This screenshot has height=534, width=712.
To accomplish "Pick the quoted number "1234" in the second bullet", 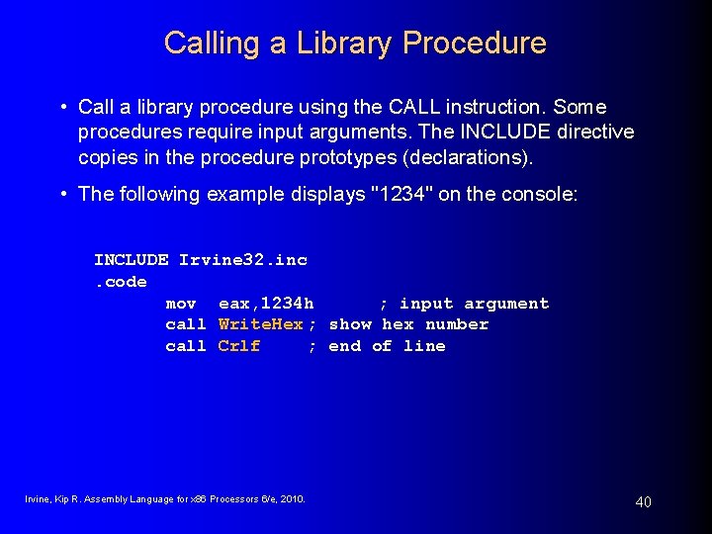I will (x=396, y=194).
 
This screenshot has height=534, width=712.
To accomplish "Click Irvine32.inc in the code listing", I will (x=243, y=260).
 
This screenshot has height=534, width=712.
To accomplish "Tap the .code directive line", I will (x=121, y=282).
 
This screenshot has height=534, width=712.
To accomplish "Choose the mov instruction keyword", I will (x=180, y=304).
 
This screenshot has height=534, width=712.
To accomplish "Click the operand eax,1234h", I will (x=266, y=304).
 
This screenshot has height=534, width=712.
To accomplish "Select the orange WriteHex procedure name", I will (x=261, y=324).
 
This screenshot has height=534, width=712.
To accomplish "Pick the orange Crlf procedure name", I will (x=239, y=346).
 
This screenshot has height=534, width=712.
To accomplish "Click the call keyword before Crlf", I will (x=186, y=346).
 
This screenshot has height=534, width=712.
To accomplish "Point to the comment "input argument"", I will (x=474, y=304).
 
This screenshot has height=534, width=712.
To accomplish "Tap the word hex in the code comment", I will (x=399, y=324).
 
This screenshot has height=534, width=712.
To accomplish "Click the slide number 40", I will (x=643, y=502).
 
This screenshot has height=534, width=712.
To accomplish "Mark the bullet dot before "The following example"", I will (x=62, y=194).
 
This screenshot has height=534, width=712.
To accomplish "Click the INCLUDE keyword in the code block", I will (x=132, y=260).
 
